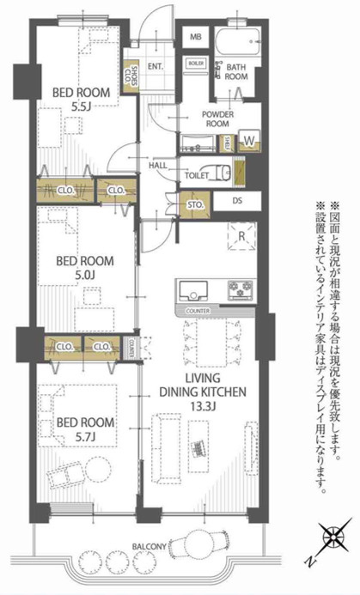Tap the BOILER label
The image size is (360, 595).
click(x=196, y=63)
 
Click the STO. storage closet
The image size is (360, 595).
click(x=195, y=203)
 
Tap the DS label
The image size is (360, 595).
click(x=238, y=203)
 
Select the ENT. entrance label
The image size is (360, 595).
click(x=156, y=66)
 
